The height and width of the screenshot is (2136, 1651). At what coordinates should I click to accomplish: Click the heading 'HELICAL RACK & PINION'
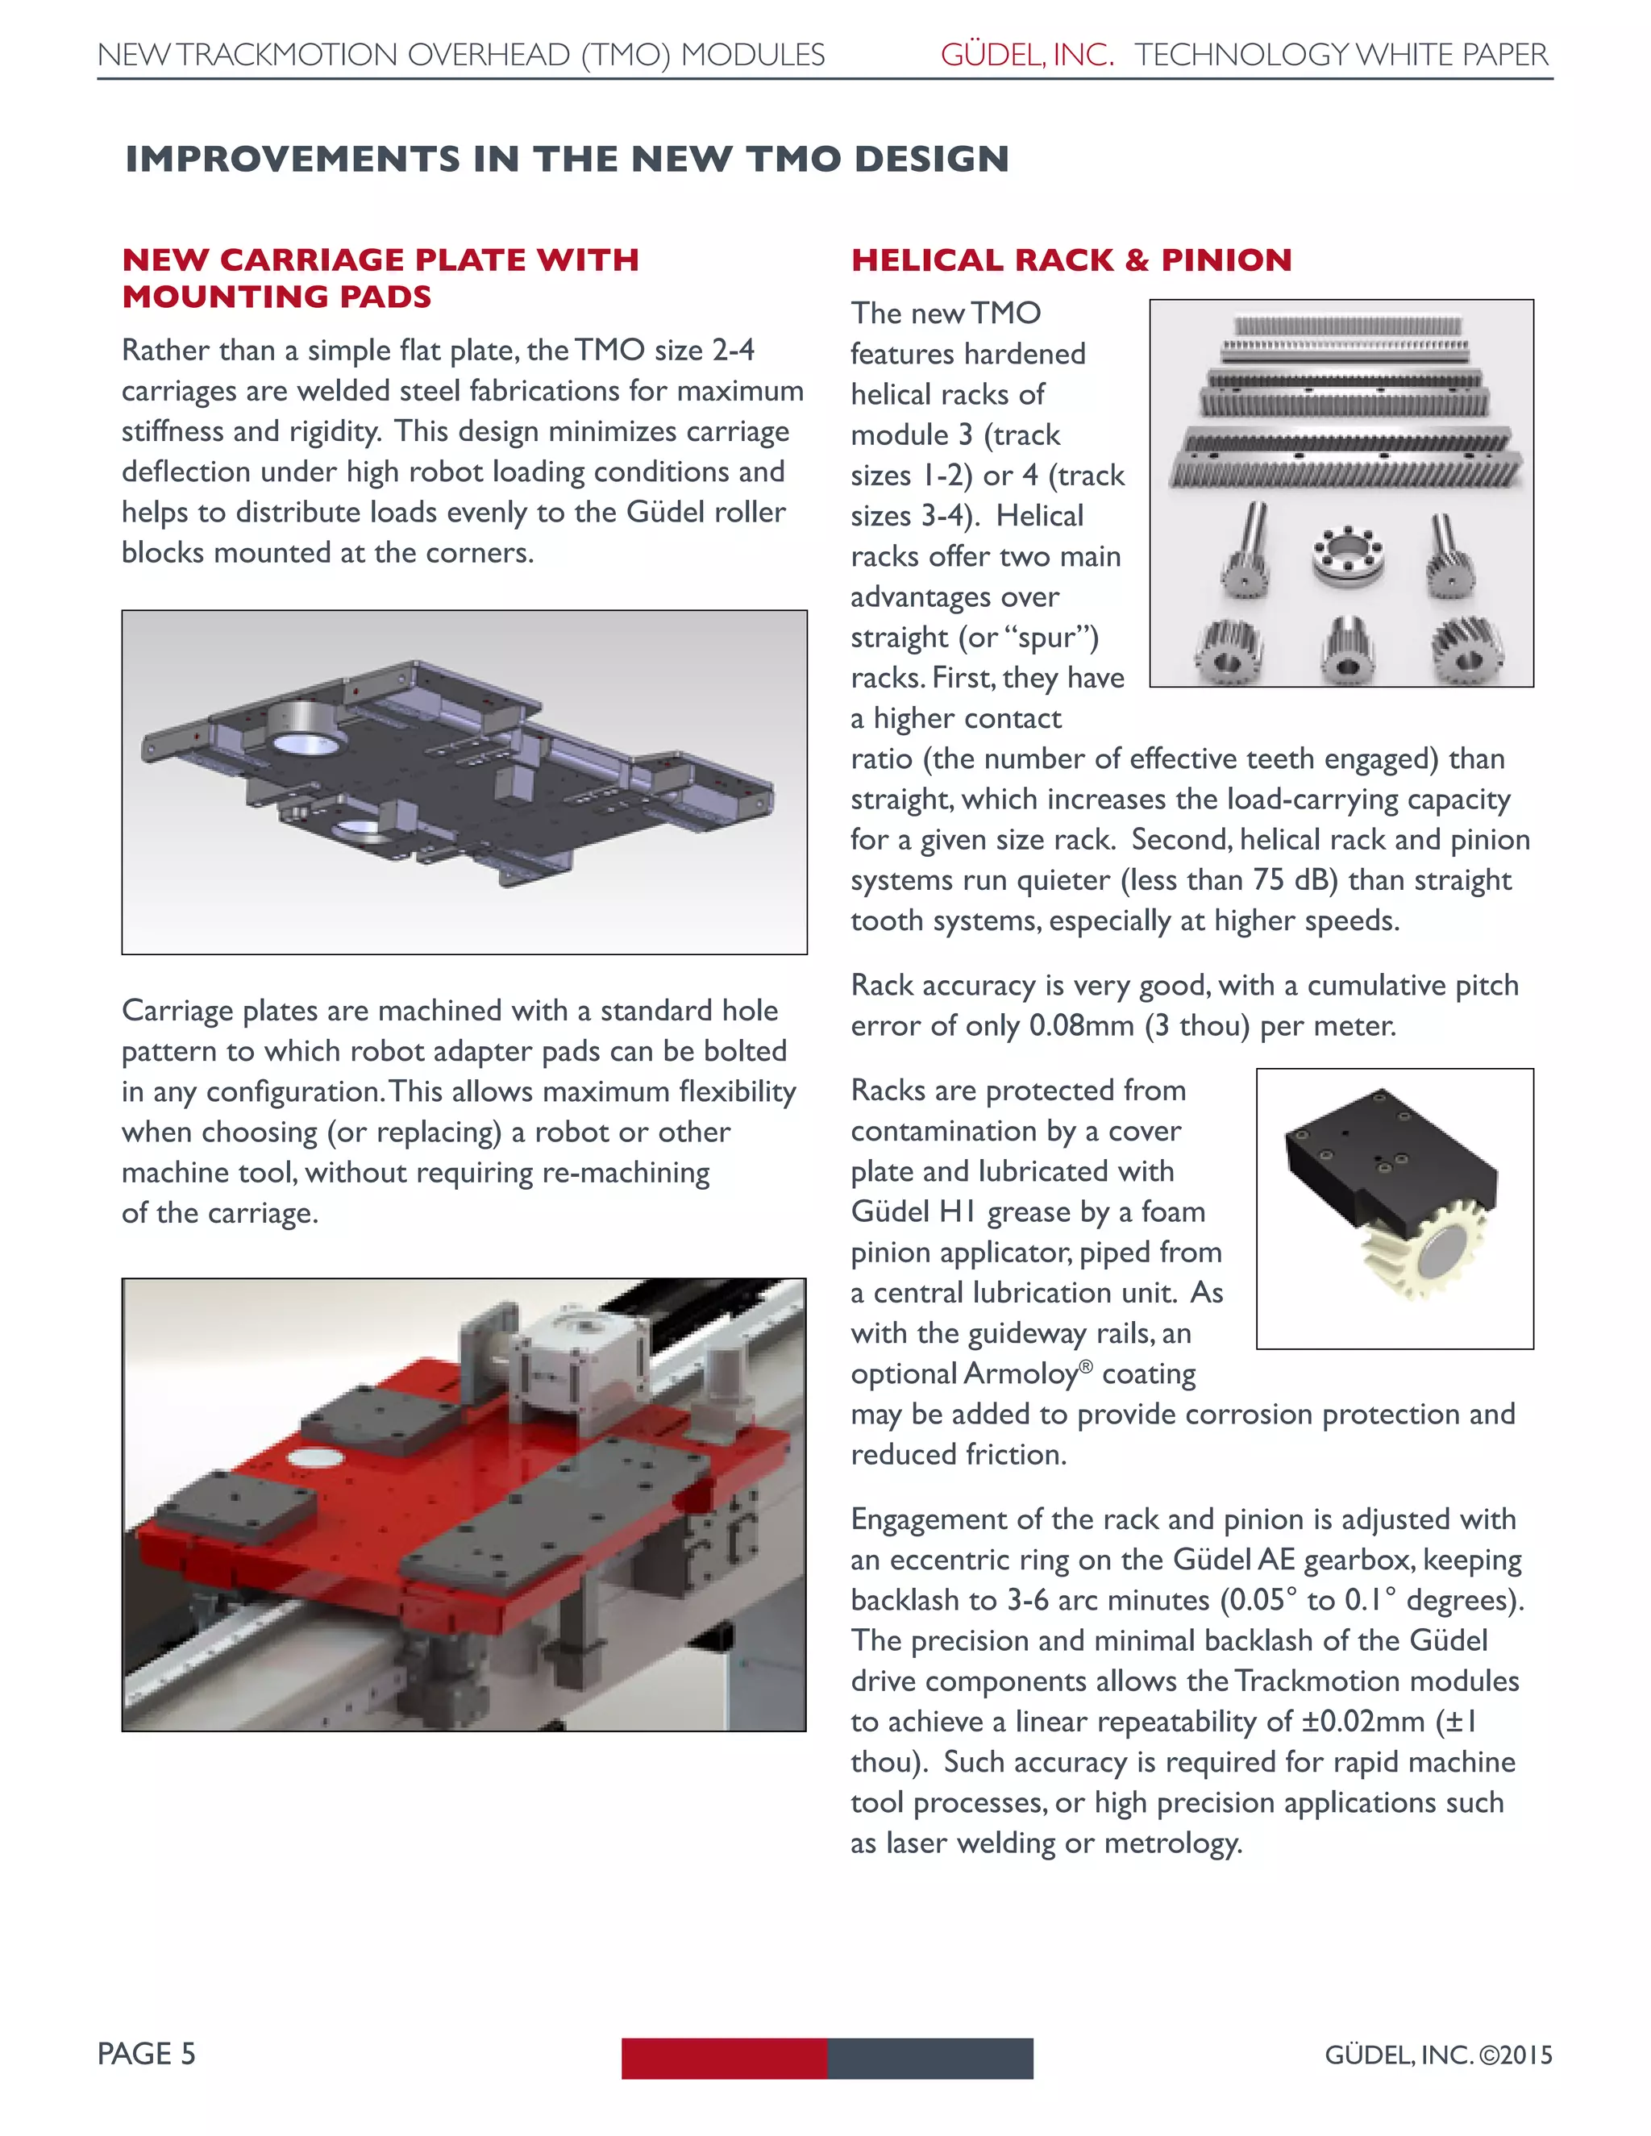pyautogui.click(x=1071, y=260)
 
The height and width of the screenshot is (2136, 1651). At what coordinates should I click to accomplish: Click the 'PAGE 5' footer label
pyautogui.click(x=147, y=2053)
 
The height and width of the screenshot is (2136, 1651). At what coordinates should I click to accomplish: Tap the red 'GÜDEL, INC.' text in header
pyautogui.click(x=1027, y=55)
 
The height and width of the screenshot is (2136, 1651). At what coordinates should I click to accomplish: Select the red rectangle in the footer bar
pyautogui.click(x=724, y=2058)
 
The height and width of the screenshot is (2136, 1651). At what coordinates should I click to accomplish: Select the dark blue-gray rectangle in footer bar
pyautogui.click(x=930, y=2058)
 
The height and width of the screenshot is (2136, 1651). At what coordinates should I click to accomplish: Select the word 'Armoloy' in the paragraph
pyautogui.click(x=1020, y=1374)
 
